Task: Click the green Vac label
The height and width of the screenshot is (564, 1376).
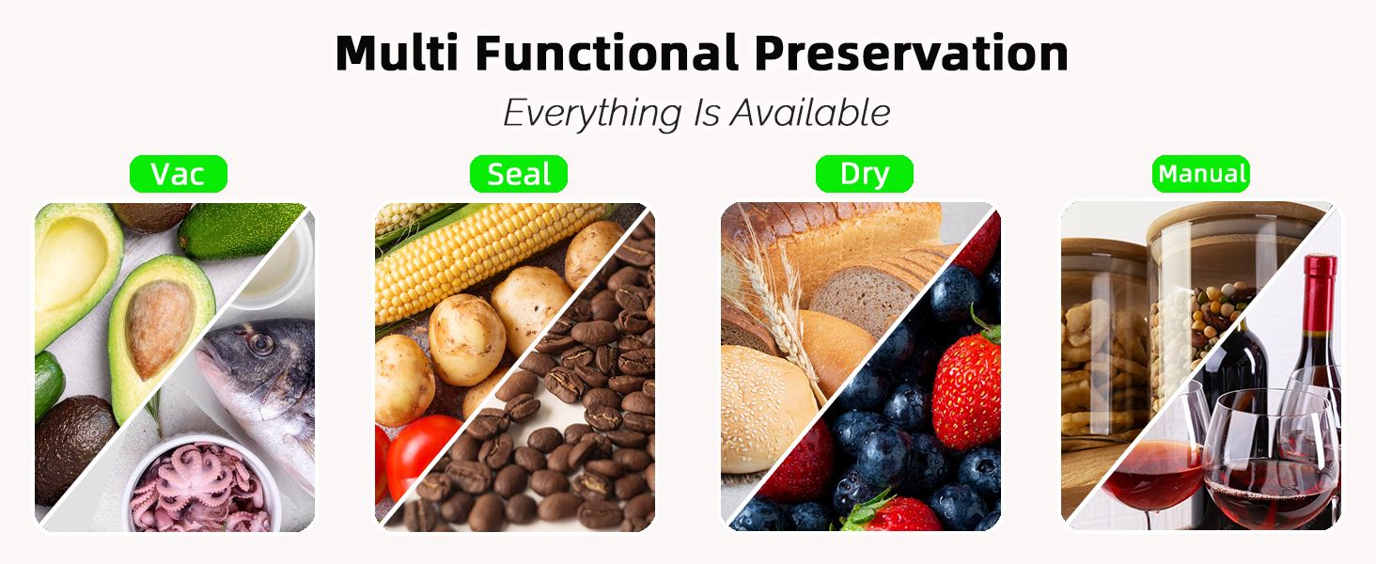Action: pyautogui.click(x=179, y=174)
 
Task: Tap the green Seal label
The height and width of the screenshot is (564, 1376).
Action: pyautogui.click(x=519, y=174)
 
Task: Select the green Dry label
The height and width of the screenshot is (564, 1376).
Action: pyautogui.click(x=865, y=174)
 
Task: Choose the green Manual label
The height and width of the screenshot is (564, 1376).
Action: pyautogui.click(x=1201, y=174)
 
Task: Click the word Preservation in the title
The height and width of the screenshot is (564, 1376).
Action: pyautogui.click(x=911, y=55)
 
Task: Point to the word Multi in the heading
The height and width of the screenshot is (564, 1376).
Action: pyautogui.click(x=397, y=53)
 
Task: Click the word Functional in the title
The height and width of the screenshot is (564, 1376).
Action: pyautogui.click(x=606, y=53)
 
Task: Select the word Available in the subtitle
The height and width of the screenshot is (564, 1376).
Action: pyautogui.click(x=810, y=113)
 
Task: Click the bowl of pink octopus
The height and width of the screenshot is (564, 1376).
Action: pyautogui.click(x=201, y=485)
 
